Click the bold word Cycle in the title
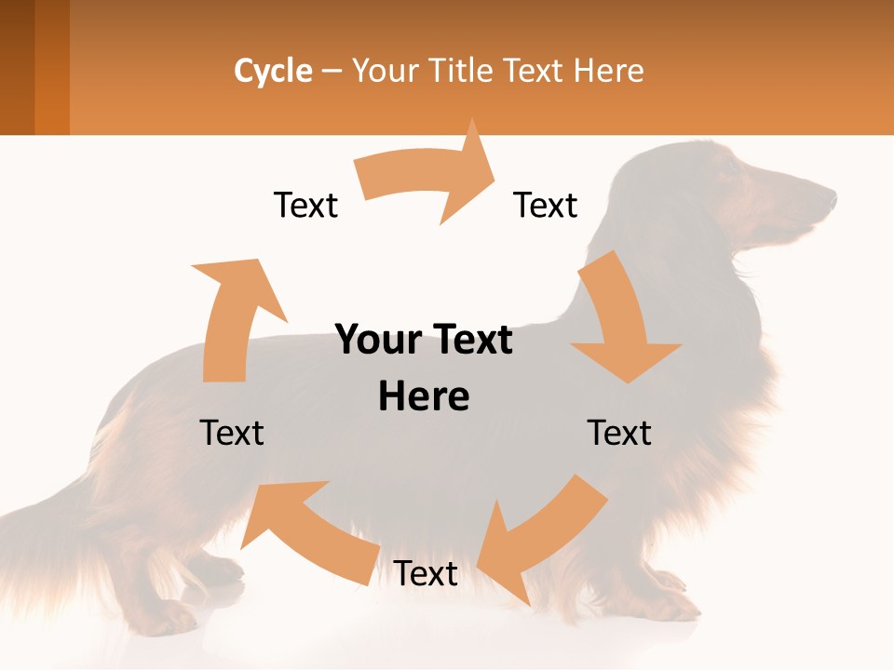[273, 71]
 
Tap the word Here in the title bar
[608, 71]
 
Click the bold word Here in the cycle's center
[424, 397]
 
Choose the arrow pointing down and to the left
[540, 540]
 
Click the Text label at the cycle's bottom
[426, 573]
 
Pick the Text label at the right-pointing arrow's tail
[305, 205]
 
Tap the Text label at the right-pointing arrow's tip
[546, 205]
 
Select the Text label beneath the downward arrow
[619, 433]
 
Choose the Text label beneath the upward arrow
[232, 433]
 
